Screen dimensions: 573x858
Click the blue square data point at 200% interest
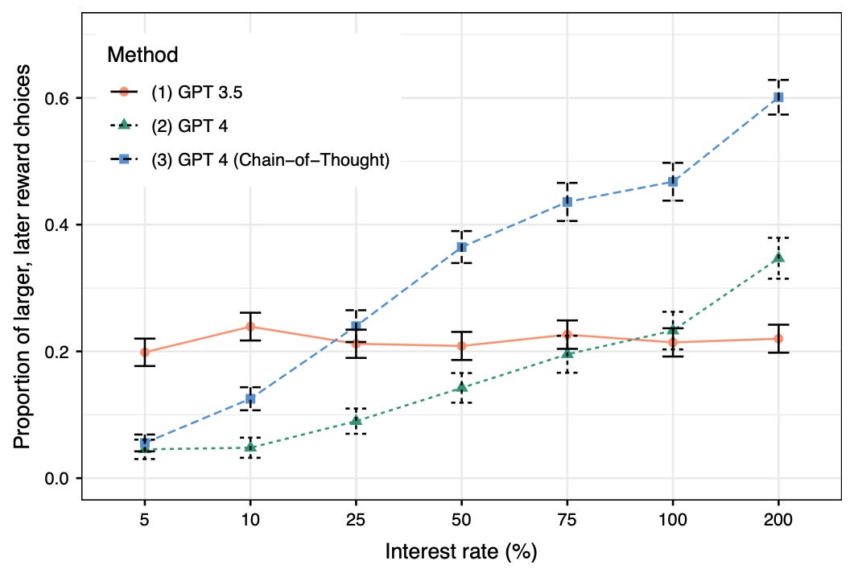[x=778, y=97]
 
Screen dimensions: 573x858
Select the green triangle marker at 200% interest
[x=778, y=258]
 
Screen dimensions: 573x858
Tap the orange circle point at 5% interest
[x=145, y=352]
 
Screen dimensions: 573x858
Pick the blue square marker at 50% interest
[x=461, y=247]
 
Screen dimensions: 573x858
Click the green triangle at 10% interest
[x=250, y=447]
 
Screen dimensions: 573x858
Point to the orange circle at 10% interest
[x=250, y=327]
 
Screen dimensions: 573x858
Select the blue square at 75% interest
[x=567, y=202]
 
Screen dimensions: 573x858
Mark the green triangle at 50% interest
[x=461, y=387]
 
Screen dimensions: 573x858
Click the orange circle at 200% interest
[x=778, y=339]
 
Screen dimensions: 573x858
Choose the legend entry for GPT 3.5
[x=197, y=92]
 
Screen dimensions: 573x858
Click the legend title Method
[x=142, y=55]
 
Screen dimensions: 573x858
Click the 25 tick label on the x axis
[x=356, y=521]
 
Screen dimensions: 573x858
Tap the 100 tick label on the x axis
[x=673, y=521]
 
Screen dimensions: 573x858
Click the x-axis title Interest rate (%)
[x=460, y=552]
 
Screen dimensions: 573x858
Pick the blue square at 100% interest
[x=673, y=182]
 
